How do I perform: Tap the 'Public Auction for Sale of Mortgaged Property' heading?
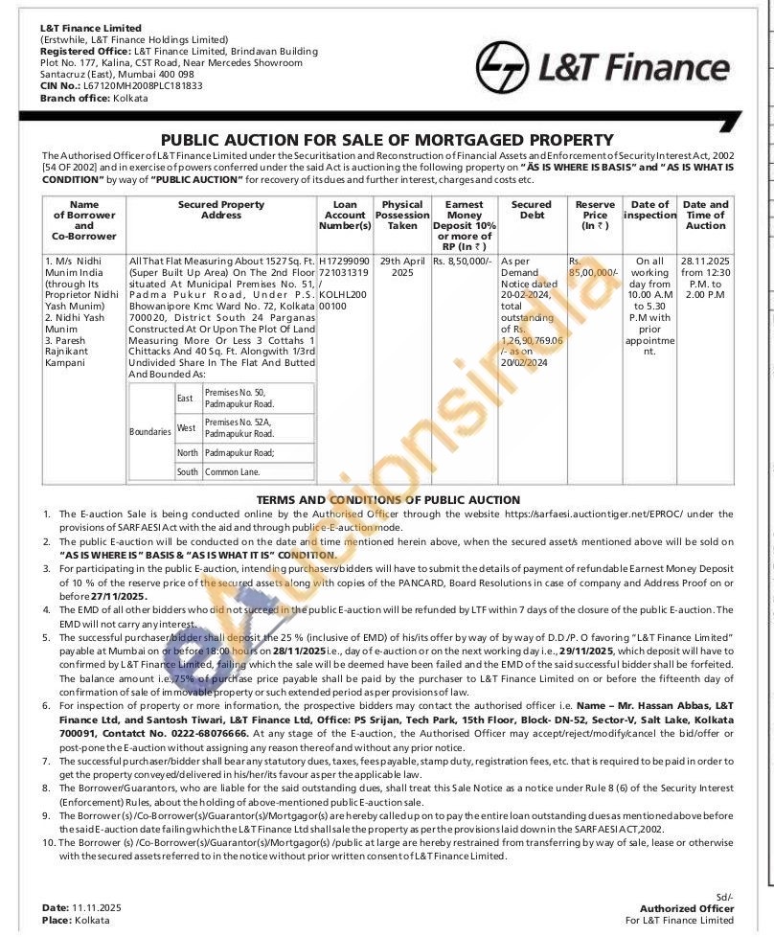(x=386, y=140)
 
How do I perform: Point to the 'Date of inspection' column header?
(x=649, y=210)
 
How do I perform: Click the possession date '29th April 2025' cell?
(x=402, y=266)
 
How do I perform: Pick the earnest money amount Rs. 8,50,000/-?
(x=463, y=261)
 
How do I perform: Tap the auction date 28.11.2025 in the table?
(x=705, y=261)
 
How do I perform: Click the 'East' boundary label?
(x=185, y=398)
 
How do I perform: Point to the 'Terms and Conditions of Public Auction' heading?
(x=388, y=500)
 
